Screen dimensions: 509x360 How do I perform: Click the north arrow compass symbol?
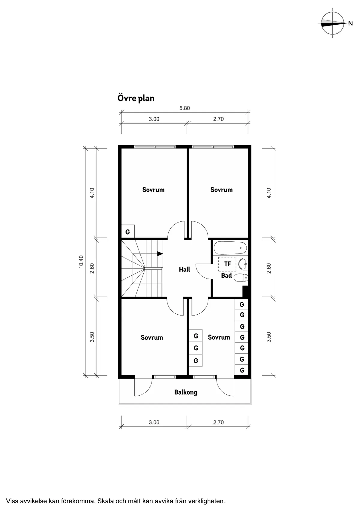[x=332, y=23]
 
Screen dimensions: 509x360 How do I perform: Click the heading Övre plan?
[x=136, y=98]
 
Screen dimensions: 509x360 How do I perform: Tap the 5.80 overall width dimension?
[x=184, y=108]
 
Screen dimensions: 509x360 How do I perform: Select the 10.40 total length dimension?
[x=81, y=261]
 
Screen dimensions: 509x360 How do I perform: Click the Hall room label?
[x=184, y=269]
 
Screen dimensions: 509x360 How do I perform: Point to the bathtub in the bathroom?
[x=230, y=248]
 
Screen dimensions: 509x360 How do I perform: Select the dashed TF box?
[x=227, y=264]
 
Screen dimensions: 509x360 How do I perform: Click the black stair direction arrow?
[x=160, y=254]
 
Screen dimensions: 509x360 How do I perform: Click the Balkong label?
[x=186, y=392]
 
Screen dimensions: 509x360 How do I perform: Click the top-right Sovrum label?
[x=221, y=190]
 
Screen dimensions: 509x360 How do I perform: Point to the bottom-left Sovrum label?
[x=152, y=337]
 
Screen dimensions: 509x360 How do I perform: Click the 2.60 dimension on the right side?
[x=269, y=268]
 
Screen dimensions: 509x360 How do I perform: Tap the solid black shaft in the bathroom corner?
[x=245, y=292]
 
